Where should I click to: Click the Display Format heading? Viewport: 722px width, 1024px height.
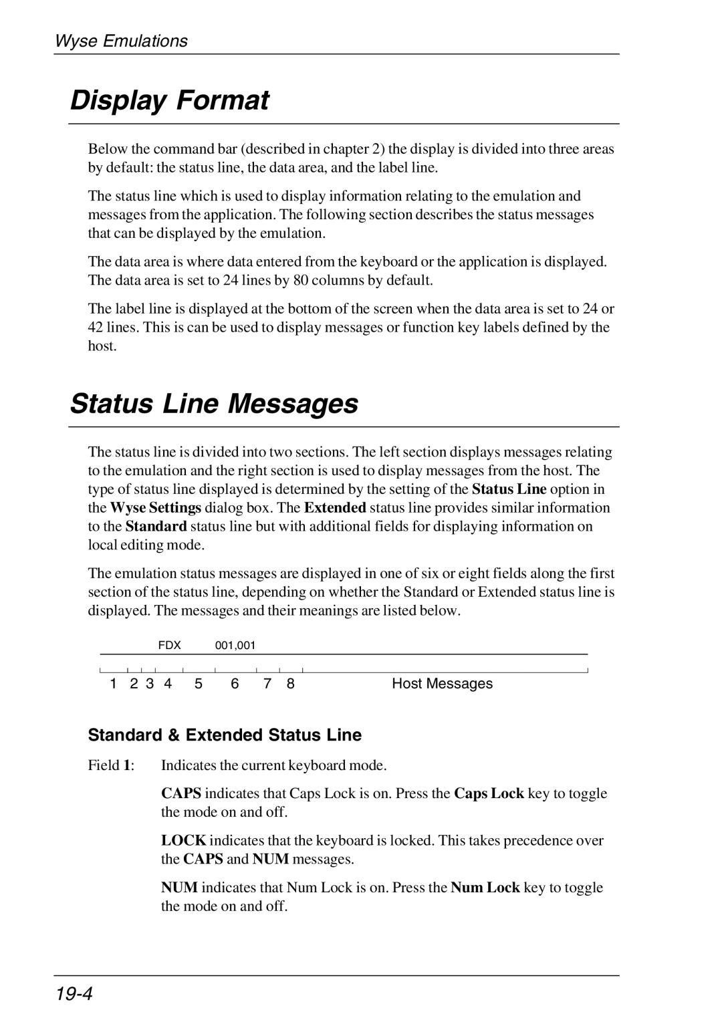click(170, 101)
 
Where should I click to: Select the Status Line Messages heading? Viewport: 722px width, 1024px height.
click(214, 404)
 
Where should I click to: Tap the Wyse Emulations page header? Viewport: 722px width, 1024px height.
click(121, 41)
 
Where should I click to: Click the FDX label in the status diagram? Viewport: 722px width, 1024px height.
click(170, 646)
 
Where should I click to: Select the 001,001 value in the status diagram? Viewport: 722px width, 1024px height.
click(235, 646)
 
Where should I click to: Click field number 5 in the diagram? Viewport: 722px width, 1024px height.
click(199, 684)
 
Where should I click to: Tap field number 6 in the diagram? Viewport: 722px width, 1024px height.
click(235, 684)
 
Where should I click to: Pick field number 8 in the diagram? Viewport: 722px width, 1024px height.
click(291, 684)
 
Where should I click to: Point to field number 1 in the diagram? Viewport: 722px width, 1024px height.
click(114, 684)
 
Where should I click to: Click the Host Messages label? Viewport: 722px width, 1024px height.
click(442, 684)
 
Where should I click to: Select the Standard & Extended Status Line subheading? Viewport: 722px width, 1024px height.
click(225, 735)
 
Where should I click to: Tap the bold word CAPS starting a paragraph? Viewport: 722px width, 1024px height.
click(182, 794)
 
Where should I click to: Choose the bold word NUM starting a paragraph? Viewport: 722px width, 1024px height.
click(179, 888)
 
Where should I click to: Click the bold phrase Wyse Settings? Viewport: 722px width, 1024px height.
click(156, 508)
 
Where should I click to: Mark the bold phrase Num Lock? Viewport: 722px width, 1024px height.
click(485, 888)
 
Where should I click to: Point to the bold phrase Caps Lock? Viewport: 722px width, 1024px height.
click(489, 794)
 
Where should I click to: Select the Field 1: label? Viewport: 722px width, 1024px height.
click(111, 765)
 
